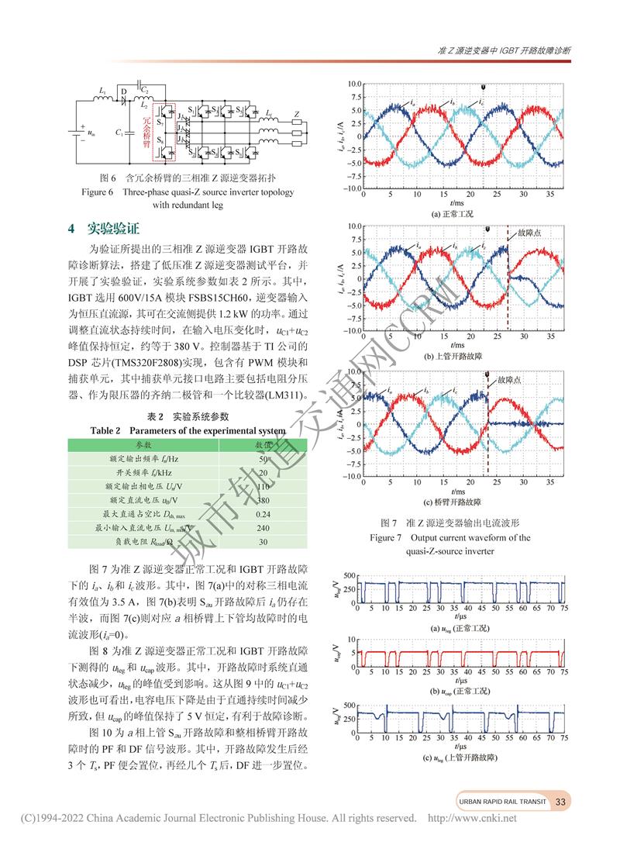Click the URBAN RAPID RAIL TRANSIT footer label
coord(501,802)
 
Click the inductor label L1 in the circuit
coord(103,91)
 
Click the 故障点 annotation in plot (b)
coord(529,233)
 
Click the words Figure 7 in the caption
coord(386,537)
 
